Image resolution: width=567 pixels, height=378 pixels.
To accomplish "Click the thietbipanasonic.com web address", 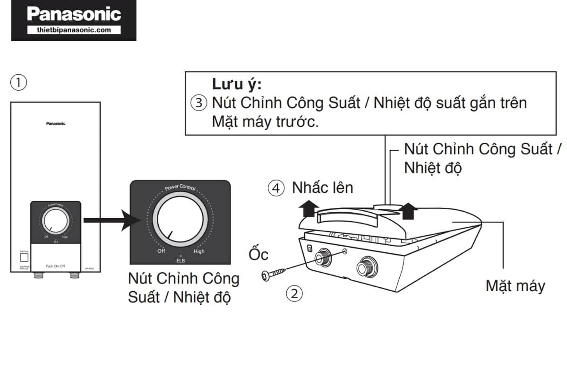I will coord(74,30).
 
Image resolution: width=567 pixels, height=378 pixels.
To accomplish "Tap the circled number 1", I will coord(18,83).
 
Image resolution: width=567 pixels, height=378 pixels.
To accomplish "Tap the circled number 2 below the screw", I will coord(294,293).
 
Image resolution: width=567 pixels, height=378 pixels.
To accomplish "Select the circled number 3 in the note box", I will coord(198,103).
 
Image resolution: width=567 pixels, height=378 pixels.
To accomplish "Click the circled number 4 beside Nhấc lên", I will coord(276,188).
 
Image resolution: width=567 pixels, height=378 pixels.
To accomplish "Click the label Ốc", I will coord(258,255).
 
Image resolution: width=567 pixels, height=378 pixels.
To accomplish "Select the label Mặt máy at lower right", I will coord(515,286).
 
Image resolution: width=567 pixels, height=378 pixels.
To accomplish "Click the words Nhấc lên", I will coord(322,188).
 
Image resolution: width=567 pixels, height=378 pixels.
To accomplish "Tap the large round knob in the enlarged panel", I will coord(180,221).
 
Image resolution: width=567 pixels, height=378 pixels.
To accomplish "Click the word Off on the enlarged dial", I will coord(161,251).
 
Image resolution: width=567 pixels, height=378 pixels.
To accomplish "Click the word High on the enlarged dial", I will coord(199,251).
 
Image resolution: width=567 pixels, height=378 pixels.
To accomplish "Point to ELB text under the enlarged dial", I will coord(180,260).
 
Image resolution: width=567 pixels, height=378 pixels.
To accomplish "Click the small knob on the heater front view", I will coord(55,221).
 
